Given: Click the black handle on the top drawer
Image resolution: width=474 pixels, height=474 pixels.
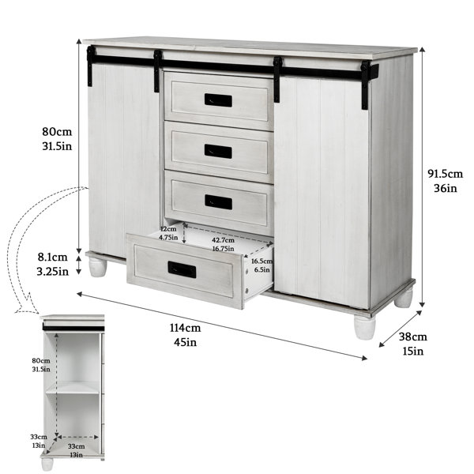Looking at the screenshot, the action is [218, 100].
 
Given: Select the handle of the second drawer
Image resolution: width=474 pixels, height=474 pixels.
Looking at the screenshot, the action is [218, 151].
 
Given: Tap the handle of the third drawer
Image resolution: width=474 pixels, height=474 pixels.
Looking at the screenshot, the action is [218, 202].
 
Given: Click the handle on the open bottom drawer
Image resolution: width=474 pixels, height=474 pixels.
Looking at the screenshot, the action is [182, 269].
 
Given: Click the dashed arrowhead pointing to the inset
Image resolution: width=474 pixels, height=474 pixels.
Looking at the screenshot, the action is [27, 304].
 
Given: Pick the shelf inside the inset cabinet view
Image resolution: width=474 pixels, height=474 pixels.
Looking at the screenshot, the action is [73, 387].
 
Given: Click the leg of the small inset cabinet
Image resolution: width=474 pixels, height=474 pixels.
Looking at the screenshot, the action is [47, 464].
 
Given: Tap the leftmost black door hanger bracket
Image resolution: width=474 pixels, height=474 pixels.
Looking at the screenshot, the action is [90, 66].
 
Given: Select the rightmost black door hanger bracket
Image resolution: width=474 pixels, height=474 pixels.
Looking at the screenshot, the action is [366, 85].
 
